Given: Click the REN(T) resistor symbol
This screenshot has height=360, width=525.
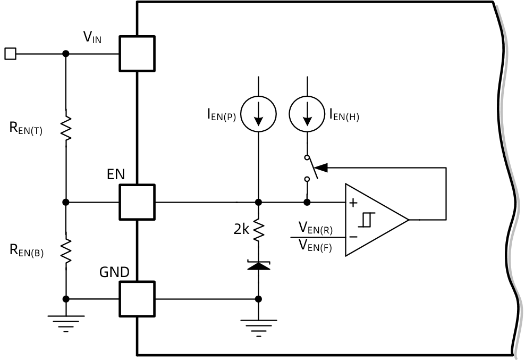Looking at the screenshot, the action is tap(66, 128).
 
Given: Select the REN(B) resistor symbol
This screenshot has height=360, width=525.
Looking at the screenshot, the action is tap(66, 251).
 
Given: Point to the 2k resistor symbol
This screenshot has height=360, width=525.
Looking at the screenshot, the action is tap(258, 230).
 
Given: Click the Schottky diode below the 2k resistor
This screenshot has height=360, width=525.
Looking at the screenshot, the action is tap(258, 265).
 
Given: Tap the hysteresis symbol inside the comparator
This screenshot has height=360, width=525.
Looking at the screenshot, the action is tap(367, 220).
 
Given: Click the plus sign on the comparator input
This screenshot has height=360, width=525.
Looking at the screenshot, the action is tap(353, 203).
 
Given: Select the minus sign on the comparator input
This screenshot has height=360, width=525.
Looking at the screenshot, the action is tap(353, 237).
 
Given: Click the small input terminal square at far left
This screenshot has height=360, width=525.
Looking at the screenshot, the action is tap(11, 54).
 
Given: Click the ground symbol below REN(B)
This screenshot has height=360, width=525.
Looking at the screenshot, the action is tap(66, 323).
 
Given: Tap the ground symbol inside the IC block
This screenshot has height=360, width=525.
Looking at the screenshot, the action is tap(258, 328).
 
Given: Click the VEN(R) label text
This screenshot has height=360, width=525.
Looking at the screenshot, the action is tap(316, 228).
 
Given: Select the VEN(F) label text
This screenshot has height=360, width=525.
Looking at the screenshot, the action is tap(315, 246).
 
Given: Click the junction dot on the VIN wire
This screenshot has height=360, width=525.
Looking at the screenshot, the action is tap(66, 54).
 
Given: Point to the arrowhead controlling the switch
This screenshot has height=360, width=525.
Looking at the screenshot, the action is tap(321, 168).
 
